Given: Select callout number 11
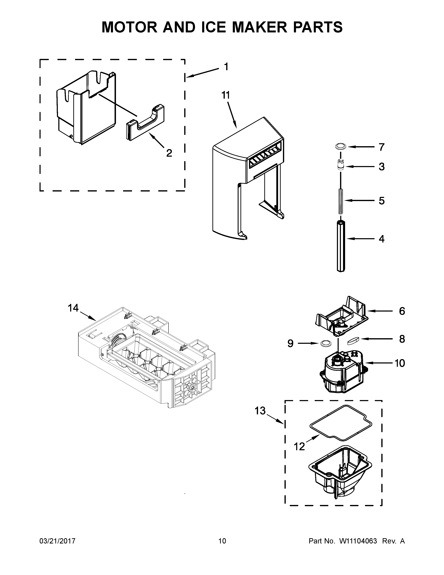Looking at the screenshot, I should (225, 95).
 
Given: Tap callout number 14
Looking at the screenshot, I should (73, 308).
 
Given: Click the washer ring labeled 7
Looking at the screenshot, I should (341, 146).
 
